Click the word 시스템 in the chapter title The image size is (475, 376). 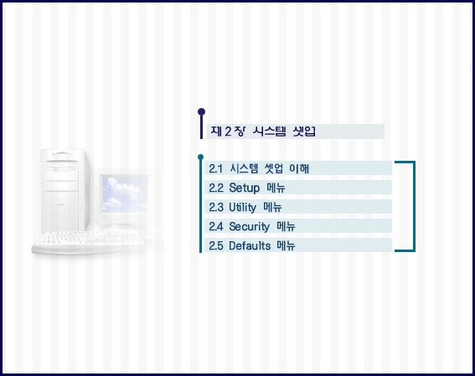coord(269,131)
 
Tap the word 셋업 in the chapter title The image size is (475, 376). coord(304,131)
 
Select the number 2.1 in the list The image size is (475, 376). coord(215,168)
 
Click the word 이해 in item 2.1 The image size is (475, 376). coord(299,168)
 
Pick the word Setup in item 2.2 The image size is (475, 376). coord(244,188)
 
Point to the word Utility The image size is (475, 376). coord(242,208)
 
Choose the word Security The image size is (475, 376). coord(249,227)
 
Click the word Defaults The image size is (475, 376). coord(250,245)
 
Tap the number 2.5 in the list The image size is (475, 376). coord(215,246)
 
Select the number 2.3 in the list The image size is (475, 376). coord(215,208)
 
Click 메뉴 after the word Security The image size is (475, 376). coord(286,226)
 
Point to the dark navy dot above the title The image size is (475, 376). coord(201,112)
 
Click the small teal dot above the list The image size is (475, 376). coord(200,157)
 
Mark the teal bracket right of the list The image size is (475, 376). coord(414,206)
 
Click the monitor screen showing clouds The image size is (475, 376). coord(125,194)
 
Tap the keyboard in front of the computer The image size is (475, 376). coord(89,242)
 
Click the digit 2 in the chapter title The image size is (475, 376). coord(228,131)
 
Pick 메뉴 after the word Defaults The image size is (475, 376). coord(286,245)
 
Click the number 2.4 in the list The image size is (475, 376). coord(215,226)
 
